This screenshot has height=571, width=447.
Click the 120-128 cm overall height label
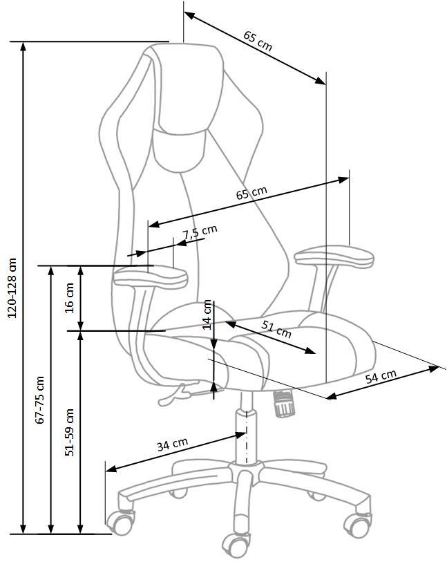click(x=12, y=288)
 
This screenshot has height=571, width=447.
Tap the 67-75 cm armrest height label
click(x=39, y=400)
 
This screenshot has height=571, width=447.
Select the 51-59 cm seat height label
click(x=70, y=432)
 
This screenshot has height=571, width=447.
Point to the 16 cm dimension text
click(x=70, y=297)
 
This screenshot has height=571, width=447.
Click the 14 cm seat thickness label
click(x=207, y=315)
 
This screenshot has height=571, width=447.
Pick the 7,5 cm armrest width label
click(x=200, y=232)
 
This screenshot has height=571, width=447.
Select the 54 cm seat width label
click(x=381, y=377)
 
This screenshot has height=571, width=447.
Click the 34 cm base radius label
click(x=173, y=444)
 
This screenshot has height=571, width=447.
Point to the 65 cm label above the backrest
click(x=258, y=41)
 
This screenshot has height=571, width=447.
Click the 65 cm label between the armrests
click(x=251, y=193)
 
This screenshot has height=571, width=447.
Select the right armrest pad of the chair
click(x=334, y=256)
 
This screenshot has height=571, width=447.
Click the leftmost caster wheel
click(x=120, y=523)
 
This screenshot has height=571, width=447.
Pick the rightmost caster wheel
click(x=358, y=525)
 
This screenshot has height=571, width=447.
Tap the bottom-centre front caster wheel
click(x=236, y=545)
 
